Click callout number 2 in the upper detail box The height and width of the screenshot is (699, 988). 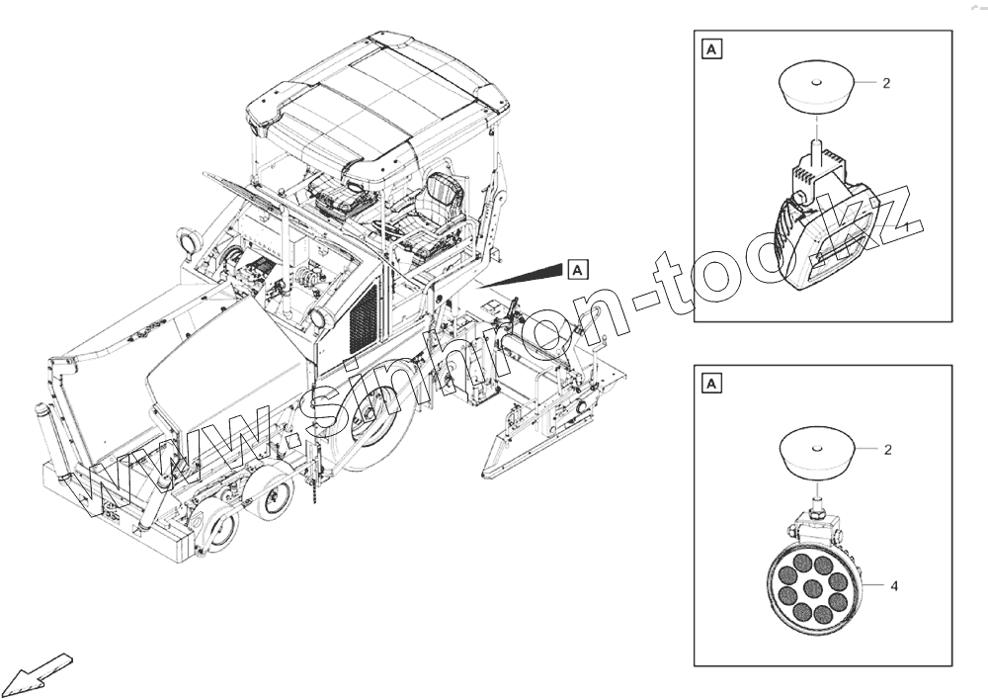886,84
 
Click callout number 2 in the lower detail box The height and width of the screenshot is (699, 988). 887,450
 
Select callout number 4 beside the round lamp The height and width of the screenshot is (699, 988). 893,586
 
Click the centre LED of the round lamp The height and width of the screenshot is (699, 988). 812,589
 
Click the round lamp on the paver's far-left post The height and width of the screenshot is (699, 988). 187,240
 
